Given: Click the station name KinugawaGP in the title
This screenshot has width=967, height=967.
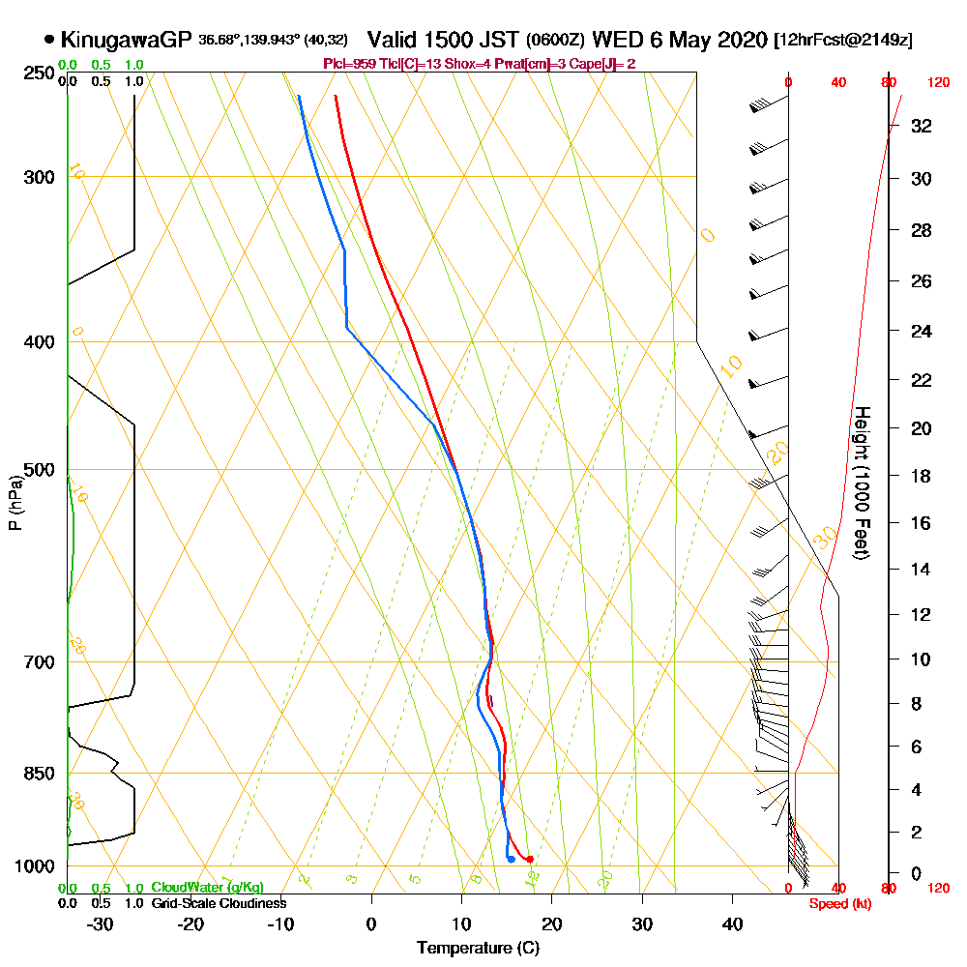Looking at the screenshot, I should pos(126,40).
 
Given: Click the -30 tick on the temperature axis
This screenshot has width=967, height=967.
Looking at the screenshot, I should pos(101,924).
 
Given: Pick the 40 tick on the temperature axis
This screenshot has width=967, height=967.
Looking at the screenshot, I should pos(733,924).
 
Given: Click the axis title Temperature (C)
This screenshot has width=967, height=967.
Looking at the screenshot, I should pos(478,948).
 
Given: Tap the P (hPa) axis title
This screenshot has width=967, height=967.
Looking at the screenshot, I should pos(15,502).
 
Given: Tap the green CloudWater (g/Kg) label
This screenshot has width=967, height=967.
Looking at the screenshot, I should pos(207,888).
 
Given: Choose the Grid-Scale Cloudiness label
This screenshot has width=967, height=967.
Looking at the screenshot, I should pos(219,903).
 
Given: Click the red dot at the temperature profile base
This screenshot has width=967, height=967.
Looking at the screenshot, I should pos(530,859).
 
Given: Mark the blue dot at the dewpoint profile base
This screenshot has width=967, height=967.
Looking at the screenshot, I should pos(511,859).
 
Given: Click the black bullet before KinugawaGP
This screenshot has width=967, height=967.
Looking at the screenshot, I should pos(49,40).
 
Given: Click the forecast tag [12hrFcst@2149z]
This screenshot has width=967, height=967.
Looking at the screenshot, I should pos(843,41).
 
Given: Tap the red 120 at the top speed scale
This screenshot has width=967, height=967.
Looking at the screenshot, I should pos(938,83).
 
